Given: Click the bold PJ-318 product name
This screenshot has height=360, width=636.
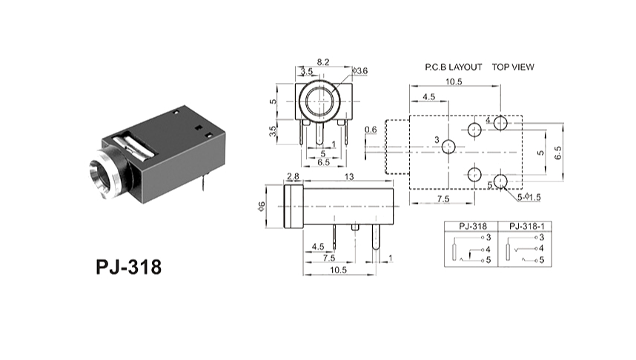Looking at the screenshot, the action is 128,267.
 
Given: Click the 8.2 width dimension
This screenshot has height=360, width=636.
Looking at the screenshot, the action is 323,62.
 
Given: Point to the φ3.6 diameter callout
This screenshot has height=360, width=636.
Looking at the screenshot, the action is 360,71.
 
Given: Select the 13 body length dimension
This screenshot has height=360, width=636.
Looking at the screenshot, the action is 349,176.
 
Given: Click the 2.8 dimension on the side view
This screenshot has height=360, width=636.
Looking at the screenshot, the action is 293,176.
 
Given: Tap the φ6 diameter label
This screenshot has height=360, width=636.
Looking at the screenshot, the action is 262,206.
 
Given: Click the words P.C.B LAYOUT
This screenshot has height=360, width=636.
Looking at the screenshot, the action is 454,67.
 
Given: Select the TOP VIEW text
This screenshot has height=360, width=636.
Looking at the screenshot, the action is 513,67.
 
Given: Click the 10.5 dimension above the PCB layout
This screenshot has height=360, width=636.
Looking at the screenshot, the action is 454,81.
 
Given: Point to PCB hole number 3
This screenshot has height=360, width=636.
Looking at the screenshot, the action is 448,147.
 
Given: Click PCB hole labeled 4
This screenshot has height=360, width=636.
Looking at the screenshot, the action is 500,123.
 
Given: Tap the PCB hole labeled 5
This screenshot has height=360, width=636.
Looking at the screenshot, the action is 500,181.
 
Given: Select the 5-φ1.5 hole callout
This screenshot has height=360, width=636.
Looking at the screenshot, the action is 529,197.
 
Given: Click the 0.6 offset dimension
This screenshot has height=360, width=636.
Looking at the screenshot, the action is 371,130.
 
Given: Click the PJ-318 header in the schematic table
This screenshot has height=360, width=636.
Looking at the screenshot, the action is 472,226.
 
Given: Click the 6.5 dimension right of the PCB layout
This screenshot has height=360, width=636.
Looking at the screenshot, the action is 558,153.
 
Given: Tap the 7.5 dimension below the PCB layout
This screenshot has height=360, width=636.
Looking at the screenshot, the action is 443,199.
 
